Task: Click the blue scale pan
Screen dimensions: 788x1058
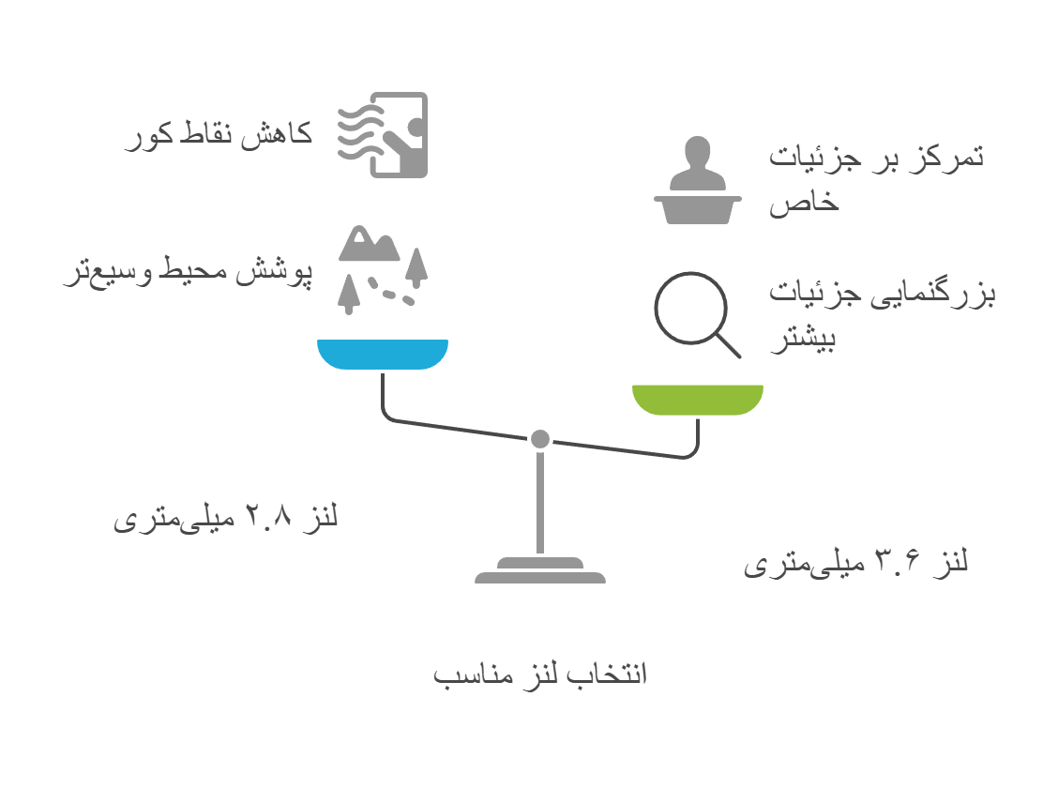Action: [x=383, y=353]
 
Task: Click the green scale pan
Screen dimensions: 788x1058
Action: [x=698, y=398]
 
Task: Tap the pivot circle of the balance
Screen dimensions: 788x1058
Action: [x=539, y=438]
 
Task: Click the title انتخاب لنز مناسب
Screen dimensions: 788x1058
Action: [x=540, y=674]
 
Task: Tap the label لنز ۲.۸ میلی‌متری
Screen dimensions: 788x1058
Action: [x=225, y=517]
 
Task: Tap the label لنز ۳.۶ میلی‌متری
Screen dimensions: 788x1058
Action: [x=855, y=562]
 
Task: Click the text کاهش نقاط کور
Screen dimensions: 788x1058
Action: [x=219, y=135]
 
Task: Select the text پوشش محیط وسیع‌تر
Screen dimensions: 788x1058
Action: [x=188, y=273]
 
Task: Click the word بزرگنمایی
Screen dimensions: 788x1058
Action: [x=946, y=293]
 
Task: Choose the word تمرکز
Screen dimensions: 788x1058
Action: [x=948, y=156]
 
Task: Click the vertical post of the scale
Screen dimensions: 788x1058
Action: [x=540, y=502]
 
